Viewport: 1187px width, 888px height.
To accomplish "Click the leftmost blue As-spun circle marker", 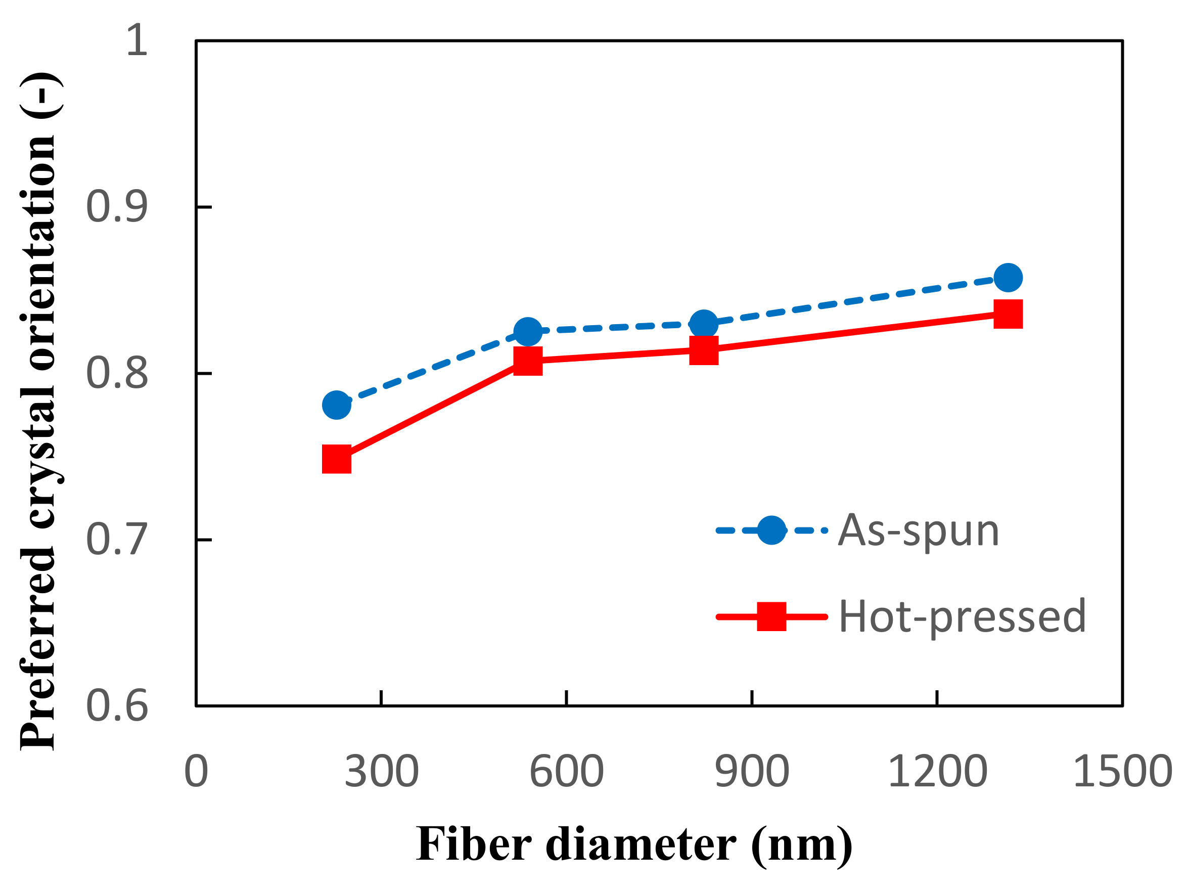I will pyautogui.click(x=337, y=405).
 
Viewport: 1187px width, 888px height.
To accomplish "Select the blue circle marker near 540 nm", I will pyautogui.click(x=528, y=331).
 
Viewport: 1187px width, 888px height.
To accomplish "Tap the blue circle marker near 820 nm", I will pyautogui.click(x=704, y=324).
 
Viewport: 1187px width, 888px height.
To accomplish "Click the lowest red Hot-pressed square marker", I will pyautogui.click(x=337, y=459).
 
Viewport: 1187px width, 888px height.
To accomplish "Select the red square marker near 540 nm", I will pyautogui.click(x=528, y=360).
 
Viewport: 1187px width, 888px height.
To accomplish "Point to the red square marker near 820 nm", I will pyautogui.click(x=704, y=350).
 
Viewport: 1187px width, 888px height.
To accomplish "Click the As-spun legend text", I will pyautogui.click(x=918, y=531).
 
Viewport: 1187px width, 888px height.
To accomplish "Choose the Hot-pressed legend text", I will pyautogui.click(x=962, y=616).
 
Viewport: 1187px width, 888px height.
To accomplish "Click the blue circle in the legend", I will pyautogui.click(x=771, y=530).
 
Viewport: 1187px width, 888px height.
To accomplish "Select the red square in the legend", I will pyautogui.click(x=771, y=616).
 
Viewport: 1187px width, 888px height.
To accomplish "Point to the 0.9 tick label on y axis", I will pyautogui.click(x=116, y=207).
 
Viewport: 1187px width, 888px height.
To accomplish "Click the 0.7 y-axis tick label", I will pyautogui.click(x=116, y=540).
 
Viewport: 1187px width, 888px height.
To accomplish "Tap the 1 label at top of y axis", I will pyautogui.click(x=137, y=40).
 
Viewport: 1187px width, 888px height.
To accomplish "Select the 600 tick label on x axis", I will pyautogui.click(x=567, y=772).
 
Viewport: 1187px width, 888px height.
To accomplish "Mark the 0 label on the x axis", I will pyautogui.click(x=196, y=772).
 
